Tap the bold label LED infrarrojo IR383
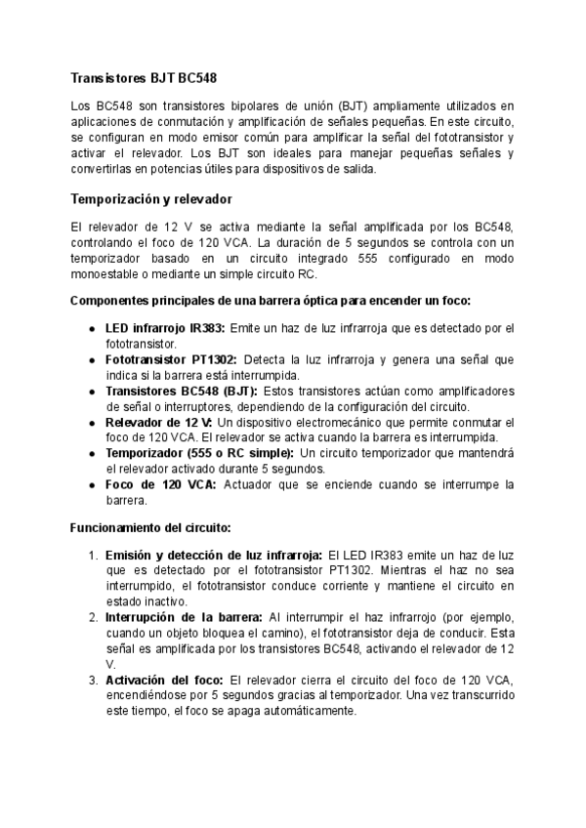[165, 327]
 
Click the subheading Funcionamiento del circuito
[149, 527]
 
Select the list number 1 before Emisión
[93, 555]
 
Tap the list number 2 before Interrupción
[93, 617]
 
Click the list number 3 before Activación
[93, 680]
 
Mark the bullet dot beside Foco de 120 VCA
[92, 485]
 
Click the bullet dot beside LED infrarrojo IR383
[92, 328]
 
